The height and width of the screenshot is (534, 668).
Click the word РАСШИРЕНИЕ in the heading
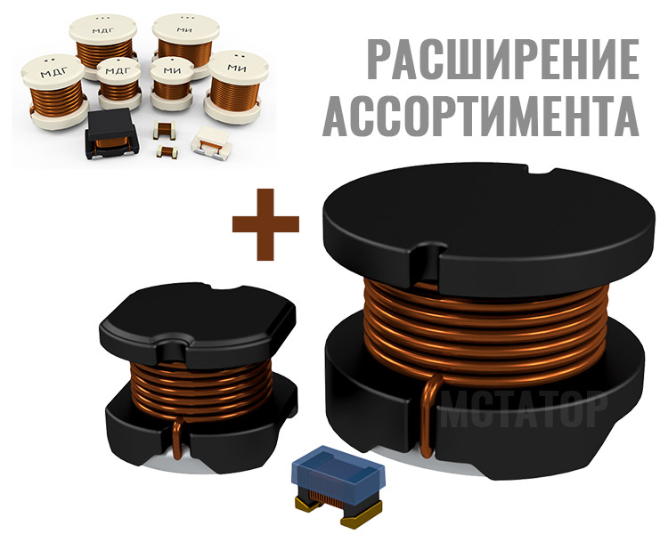click(x=501, y=60)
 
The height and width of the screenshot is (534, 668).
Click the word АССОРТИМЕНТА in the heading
click(x=481, y=115)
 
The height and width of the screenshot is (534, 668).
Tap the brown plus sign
click(x=265, y=224)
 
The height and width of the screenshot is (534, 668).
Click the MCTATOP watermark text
click(x=523, y=410)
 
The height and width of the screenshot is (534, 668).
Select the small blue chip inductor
click(x=338, y=484)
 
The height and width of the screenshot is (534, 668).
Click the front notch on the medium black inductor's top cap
click(x=173, y=347)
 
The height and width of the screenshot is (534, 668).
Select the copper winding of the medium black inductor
click(x=201, y=388)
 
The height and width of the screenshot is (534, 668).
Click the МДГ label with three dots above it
click(x=104, y=29)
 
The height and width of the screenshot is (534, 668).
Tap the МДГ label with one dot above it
click(x=117, y=70)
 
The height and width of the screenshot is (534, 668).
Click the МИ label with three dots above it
click(x=184, y=29)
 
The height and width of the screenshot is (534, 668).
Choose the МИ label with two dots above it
click(x=237, y=67)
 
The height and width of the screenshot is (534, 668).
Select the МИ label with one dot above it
click(x=173, y=69)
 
